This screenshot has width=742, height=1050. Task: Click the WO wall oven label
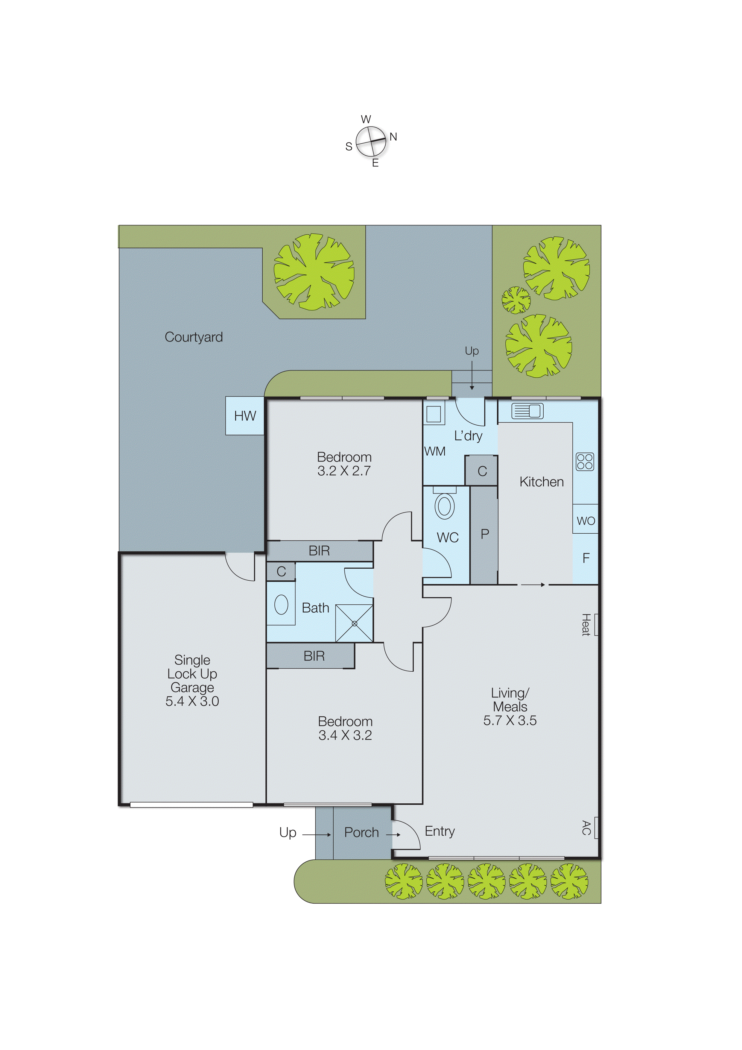[x=586, y=521]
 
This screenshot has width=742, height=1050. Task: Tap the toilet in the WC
[x=444, y=506]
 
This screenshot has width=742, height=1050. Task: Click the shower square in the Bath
[x=354, y=623]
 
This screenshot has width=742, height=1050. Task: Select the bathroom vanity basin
[x=281, y=605]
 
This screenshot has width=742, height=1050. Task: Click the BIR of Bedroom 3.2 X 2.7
[x=319, y=551]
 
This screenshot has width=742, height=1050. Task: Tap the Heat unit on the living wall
[x=596, y=624]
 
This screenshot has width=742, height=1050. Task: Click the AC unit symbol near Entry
[x=596, y=827]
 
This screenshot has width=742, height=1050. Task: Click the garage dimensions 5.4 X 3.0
[x=192, y=701]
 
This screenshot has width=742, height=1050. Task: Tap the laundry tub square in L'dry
[x=434, y=413]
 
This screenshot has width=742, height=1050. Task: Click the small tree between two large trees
[x=516, y=300]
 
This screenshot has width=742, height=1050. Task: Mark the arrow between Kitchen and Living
[x=533, y=585]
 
